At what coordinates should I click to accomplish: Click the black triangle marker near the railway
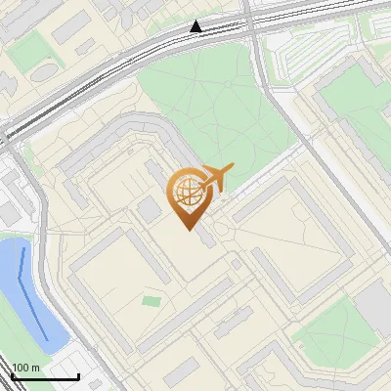click(x=196, y=26)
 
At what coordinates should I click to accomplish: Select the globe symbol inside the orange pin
click(x=186, y=193)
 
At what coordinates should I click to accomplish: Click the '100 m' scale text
click(x=25, y=367)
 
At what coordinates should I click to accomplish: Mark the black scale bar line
click(x=44, y=376)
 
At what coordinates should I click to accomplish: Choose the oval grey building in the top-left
click(x=44, y=70)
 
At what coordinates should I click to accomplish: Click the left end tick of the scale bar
click(x=11, y=375)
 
